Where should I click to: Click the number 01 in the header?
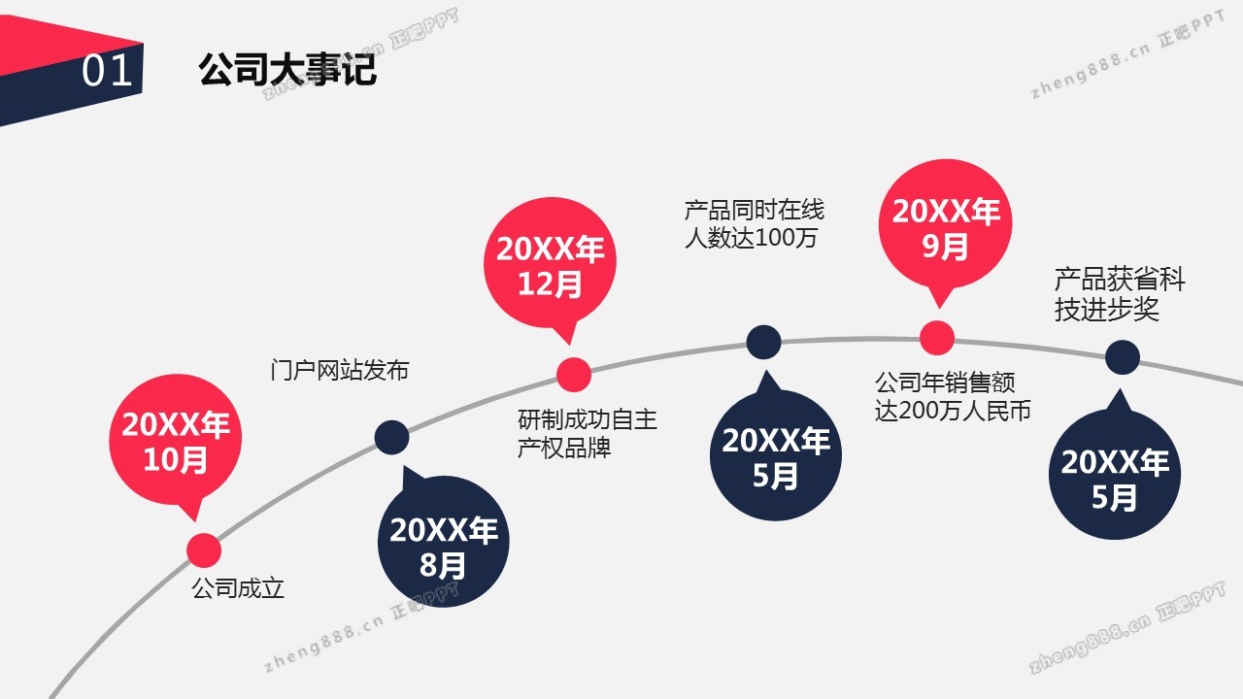(107, 71)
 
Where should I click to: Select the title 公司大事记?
(287, 69)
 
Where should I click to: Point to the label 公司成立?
(238, 588)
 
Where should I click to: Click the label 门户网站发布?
(340, 370)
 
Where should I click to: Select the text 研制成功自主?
(588, 419)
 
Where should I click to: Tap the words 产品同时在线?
(755, 210)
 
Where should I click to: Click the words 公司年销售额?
(945, 383)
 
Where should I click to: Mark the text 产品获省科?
(1120, 279)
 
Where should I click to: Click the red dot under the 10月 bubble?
(204, 550)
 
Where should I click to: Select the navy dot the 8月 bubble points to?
(391, 437)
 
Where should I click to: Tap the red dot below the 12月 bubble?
(574, 375)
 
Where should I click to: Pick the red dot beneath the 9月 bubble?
(937, 337)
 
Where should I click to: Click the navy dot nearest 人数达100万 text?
(763, 343)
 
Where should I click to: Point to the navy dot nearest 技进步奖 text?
(1122, 357)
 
